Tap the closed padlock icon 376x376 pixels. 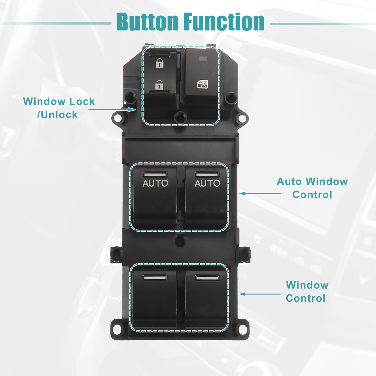click(x=160, y=63)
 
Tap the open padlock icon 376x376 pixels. click(x=159, y=85)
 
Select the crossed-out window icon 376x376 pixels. click(x=202, y=84)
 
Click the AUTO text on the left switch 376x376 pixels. click(x=155, y=183)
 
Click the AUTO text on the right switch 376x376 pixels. click(x=207, y=183)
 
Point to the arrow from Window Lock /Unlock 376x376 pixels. click(x=112, y=110)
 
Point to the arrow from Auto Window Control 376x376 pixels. click(x=260, y=193)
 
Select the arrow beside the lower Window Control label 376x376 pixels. click(x=260, y=294)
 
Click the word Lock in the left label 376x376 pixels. click(x=82, y=101)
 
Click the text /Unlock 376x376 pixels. click(x=57, y=115)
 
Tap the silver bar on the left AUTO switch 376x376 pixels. click(x=155, y=174)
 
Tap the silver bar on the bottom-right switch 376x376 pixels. click(x=207, y=278)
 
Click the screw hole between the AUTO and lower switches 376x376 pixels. click(x=180, y=240)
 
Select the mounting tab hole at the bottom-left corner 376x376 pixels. click(x=117, y=328)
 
